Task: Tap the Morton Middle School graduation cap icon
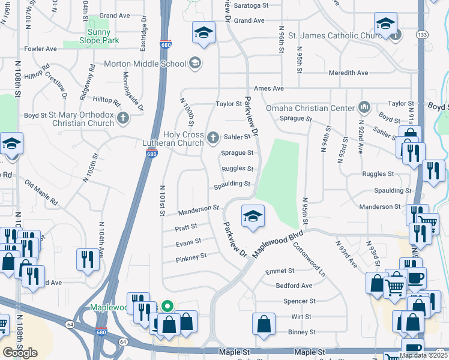[x=194, y=63]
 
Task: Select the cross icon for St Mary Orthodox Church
[x=123, y=118]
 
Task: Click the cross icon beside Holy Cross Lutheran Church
[x=212, y=139]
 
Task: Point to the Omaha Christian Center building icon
[x=364, y=108]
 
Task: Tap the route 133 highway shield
[x=423, y=35]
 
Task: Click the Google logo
[x=20, y=352]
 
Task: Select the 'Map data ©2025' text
[x=423, y=355]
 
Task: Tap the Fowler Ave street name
[x=40, y=49]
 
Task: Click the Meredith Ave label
[x=348, y=73]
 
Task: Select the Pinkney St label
[x=191, y=257]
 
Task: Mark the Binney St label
[x=301, y=332]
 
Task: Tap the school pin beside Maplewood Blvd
[x=253, y=215]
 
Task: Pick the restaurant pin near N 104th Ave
[x=88, y=259]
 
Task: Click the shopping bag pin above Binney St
[x=264, y=324]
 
